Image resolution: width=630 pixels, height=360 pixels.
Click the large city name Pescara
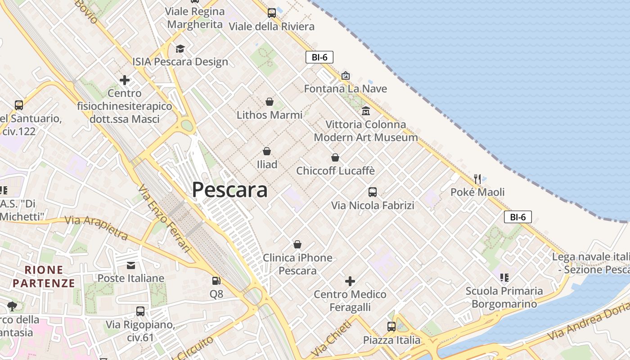point(229,189)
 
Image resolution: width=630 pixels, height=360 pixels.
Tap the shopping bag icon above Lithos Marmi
point(270,102)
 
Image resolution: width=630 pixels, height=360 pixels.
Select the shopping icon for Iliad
point(267,151)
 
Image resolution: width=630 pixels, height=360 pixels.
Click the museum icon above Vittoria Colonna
point(366,111)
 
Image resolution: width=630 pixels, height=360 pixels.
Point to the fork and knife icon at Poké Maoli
point(477,179)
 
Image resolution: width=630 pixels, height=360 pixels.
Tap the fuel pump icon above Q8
point(216,281)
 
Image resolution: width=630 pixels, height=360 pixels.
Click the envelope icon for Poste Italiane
point(131,265)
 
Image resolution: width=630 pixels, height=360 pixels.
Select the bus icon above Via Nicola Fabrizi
point(373,192)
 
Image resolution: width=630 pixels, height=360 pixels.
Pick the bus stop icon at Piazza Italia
point(391,327)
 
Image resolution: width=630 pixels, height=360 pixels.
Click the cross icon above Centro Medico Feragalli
point(350,281)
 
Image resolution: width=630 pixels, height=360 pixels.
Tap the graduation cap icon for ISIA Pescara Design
point(180,49)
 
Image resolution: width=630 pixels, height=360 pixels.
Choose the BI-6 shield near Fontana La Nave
point(319,57)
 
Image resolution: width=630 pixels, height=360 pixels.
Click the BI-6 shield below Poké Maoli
point(518,217)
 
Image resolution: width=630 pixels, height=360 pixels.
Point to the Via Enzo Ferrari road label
point(165,218)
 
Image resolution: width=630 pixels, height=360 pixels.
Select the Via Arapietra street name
point(96,227)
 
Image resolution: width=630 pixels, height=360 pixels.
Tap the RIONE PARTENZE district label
point(44,276)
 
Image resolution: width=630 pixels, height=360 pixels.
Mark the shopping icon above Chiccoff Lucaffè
point(335,157)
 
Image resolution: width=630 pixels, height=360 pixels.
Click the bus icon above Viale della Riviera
point(271,13)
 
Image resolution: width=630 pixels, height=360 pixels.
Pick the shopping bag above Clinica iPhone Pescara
point(297,244)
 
